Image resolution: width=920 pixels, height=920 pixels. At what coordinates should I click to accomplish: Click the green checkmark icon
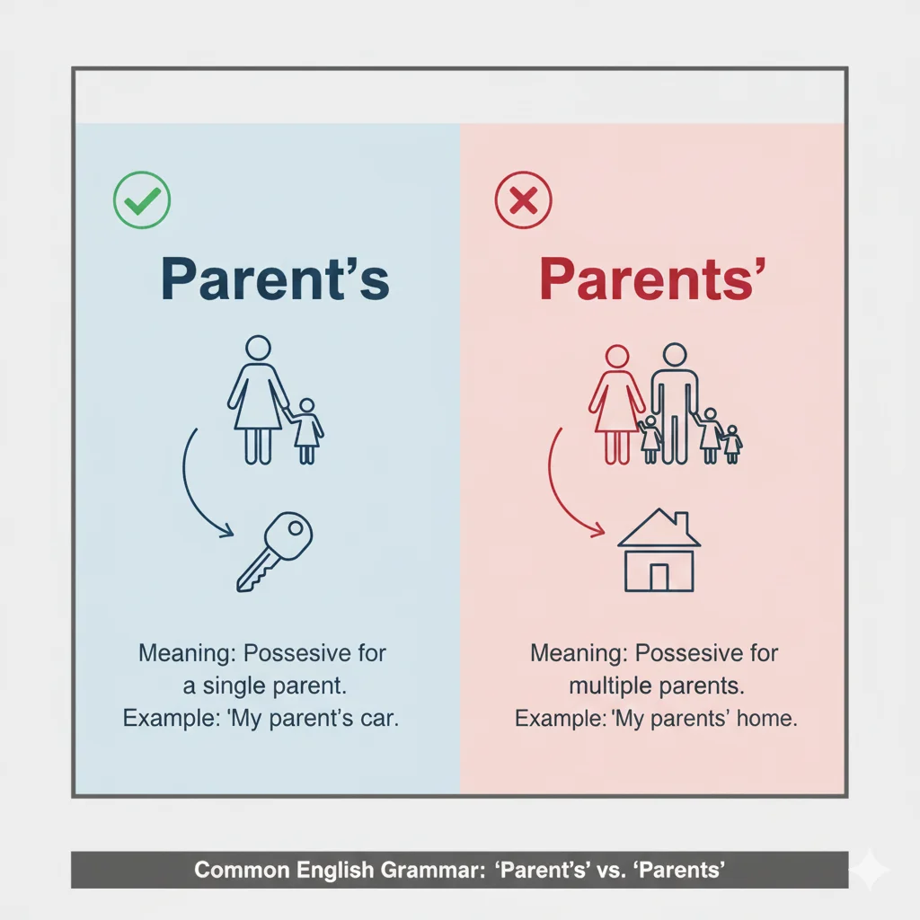tap(141, 199)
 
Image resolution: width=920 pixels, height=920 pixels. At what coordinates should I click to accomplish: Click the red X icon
tap(523, 199)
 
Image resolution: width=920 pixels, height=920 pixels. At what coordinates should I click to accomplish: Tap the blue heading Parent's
tap(274, 279)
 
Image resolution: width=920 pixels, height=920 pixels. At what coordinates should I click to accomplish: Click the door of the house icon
tap(659, 577)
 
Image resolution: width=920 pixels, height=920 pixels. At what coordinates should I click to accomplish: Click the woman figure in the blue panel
tap(258, 400)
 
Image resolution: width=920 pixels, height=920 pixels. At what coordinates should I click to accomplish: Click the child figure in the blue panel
tap(306, 429)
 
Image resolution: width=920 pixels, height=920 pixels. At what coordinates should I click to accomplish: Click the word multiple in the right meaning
tap(610, 686)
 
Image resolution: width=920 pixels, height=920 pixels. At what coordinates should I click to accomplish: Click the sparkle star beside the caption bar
tap(869, 869)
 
